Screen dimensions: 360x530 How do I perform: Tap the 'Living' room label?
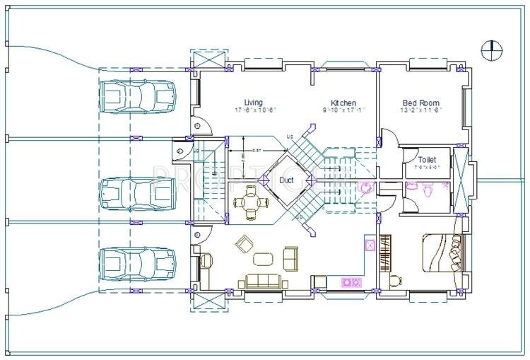click(x=253, y=102)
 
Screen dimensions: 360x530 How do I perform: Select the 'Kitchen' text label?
click(x=343, y=103)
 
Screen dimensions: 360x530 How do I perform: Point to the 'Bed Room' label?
click(x=420, y=102)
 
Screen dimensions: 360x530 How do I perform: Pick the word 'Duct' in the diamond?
click(x=287, y=180)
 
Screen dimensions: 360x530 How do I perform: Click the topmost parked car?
click(x=137, y=95)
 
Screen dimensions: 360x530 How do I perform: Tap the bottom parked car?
click(x=137, y=263)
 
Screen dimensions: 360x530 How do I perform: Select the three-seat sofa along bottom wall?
click(x=263, y=281)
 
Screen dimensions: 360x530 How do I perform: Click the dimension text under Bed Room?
click(x=420, y=110)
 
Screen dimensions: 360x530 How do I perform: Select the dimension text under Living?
click(x=254, y=110)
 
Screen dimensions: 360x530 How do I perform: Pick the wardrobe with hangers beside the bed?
click(x=385, y=252)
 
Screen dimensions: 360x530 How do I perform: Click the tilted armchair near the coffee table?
click(x=244, y=244)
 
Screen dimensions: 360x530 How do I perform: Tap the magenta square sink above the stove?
click(x=369, y=245)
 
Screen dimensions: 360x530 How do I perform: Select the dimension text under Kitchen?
click(x=343, y=110)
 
